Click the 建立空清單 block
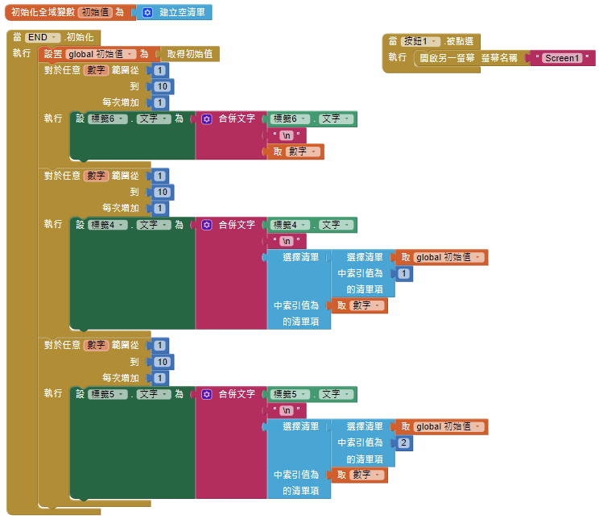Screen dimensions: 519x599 pyautogui.click(x=182, y=13)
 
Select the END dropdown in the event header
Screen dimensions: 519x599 pyautogui.click(x=43, y=38)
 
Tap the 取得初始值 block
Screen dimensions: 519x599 pyautogui.click(x=189, y=54)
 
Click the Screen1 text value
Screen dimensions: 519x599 pyautogui.click(x=562, y=58)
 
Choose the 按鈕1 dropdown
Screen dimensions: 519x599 pyautogui.click(x=421, y=41)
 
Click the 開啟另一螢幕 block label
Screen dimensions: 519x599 pyautogui.click(x=446, y=58)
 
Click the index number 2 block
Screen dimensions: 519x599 pyautogui.click(x=403, y=443)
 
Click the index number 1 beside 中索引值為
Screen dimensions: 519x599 pyautogui.click(x=403, y=274)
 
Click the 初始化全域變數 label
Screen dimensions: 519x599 pyautogui.click(x=43, y=13)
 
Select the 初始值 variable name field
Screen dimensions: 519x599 pyautogui.click(x=95, y=13)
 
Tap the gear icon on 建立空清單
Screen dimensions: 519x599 pyautogui.click(x=147, y=13)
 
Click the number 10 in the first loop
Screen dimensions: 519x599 pyautogui.click(x=161, y=87)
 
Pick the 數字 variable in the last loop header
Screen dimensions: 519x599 pyautogui.click(x=97, y=345)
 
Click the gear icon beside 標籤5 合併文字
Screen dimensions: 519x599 pyautogui.click(x=207, y=394)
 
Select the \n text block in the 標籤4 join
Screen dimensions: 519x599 pyautogui.click(x=287, y=241)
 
